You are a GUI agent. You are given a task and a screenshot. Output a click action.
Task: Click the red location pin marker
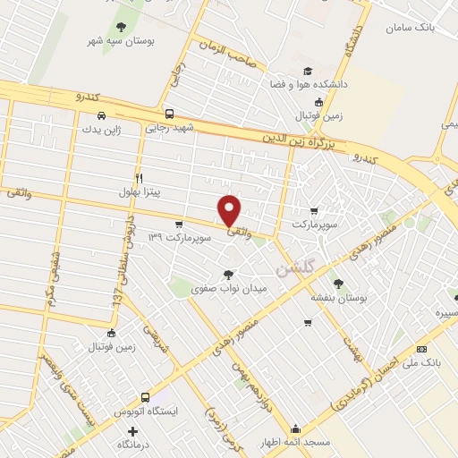pos(230,211)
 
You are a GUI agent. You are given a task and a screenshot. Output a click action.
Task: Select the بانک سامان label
pos(410,28)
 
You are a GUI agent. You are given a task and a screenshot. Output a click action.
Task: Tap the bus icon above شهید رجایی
pos(170,114)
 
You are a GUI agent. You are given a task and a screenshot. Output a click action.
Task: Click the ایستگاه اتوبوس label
pos(146,411)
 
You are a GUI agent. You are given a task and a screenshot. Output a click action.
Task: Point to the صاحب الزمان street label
pos(227,50)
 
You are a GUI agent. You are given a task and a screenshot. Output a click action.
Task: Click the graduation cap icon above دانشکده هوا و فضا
pos(308,71)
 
